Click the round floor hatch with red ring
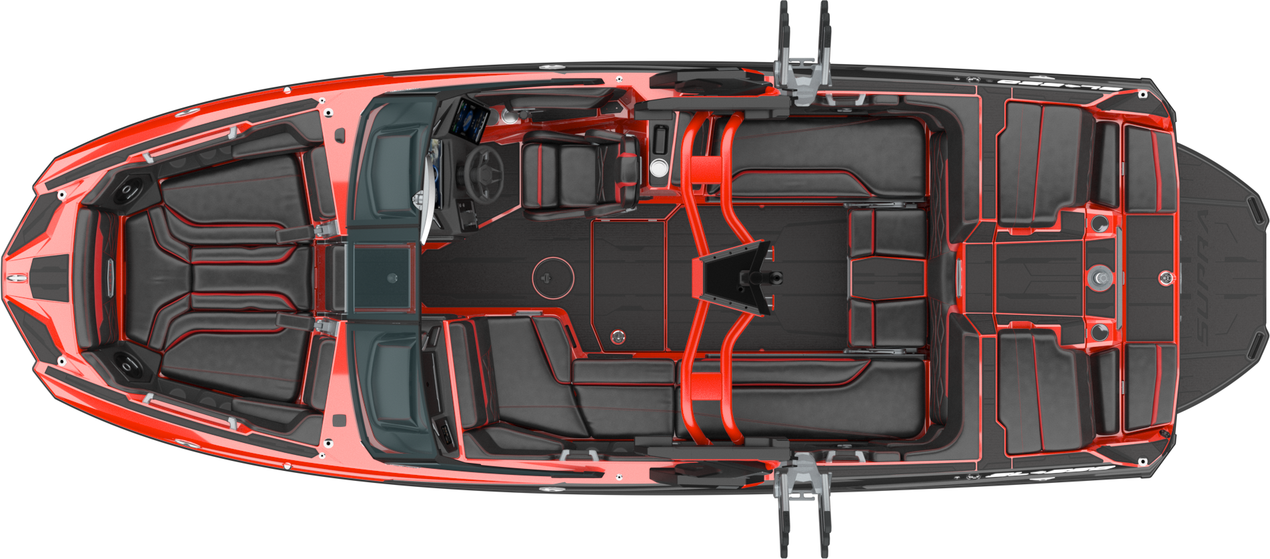click(552, 277)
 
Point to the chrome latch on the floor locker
click(618, 336)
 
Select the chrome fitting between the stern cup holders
click(1099, 276)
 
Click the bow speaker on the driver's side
click(126, 192)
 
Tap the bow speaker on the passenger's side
click(126, 364)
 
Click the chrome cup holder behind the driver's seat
click(658, 167)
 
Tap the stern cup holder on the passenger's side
click(1098, 331)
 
